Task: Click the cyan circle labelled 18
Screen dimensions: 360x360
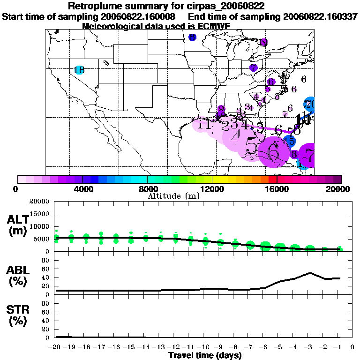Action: coord(79,70)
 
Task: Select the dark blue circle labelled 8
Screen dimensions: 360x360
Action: coord(192,37)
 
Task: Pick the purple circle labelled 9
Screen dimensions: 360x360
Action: coord(221,109)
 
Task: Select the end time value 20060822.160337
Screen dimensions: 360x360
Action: coord(321,16)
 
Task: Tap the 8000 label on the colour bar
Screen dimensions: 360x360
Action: coord(147,189)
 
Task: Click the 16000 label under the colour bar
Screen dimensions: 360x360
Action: coord(277,189)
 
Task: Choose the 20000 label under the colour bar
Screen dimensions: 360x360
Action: coord(340,189)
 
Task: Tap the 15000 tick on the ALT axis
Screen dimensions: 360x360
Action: coord(42,214)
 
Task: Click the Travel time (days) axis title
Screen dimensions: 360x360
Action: coord(205,355)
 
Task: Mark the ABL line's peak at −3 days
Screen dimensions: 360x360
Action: coord(310,273)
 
